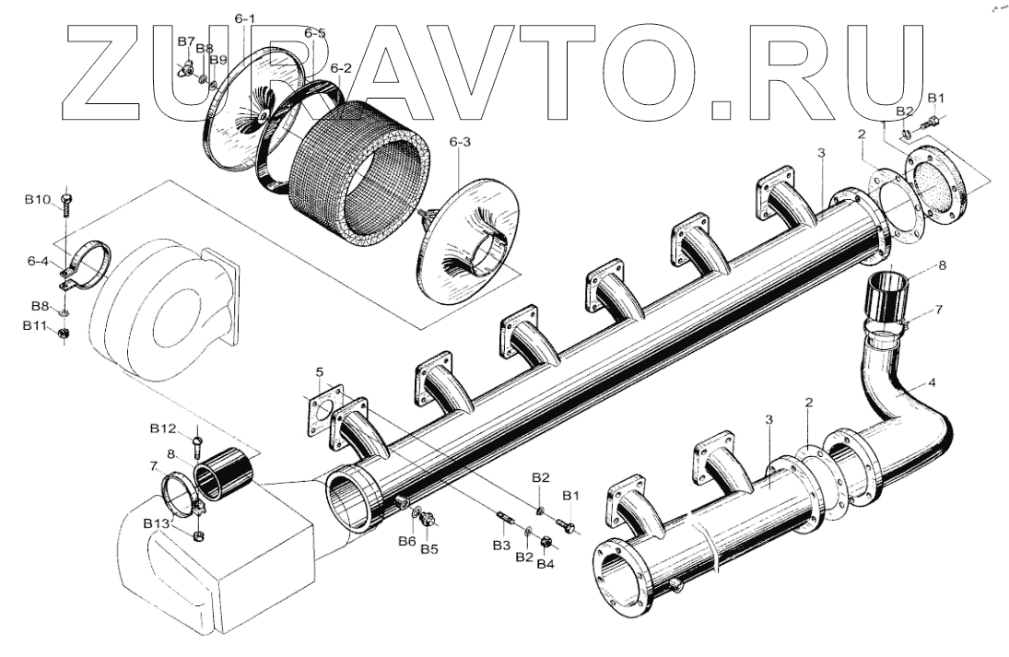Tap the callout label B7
click(x=185, y=42)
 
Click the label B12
click(x=163, y=428)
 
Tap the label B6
click(x=406, y=541)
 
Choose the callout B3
click(x=500, y=546)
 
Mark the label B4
click(x=546, y=563)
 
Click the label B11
click(x=36, y=325)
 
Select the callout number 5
click(x=319, y=372)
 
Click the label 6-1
click(x=246, y=18)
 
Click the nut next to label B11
click(x=65, y=332)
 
